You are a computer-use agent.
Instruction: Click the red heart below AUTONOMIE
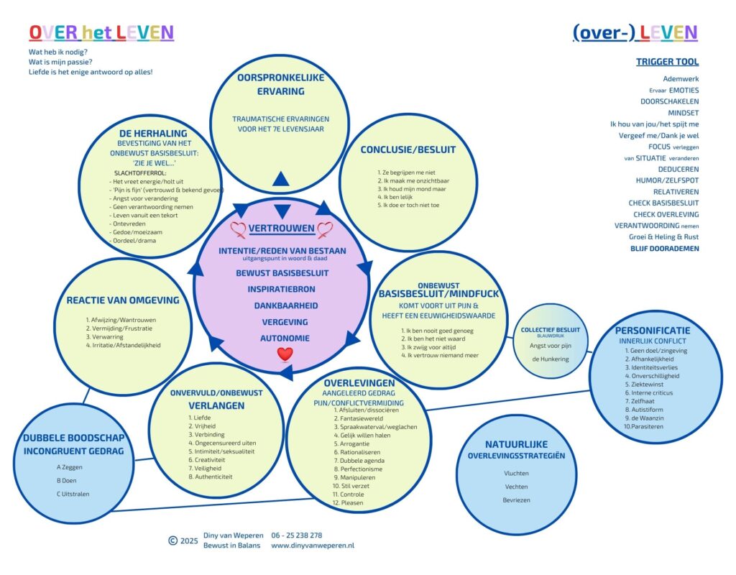click(x=285, y=354)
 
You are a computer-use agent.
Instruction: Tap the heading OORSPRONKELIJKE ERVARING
click(x=281, y=84)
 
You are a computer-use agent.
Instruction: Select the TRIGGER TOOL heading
click(x=667, y=62)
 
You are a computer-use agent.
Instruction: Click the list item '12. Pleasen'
click(x=348, y=502)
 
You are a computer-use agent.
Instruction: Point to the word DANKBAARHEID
click(x=282, y=305)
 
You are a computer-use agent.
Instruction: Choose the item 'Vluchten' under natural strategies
click(x=516, y=474)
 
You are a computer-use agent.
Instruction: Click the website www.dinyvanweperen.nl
click(x=313, y=546)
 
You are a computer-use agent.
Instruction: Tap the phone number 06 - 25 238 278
click(x=296, y=535)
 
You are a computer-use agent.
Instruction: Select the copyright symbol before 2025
click(x=172, y=540)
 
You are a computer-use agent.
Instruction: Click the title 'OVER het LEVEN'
click(x=101, y=32)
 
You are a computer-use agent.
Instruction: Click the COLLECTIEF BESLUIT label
click(x=551, y=330)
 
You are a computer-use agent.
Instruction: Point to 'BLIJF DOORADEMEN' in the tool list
click(x=666, y=249)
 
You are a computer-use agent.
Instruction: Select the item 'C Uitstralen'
click(x=73, y=494)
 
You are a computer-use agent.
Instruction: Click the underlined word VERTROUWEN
click(x=282, y=229)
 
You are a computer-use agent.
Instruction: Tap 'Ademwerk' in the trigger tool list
click(x=681, y=78)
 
